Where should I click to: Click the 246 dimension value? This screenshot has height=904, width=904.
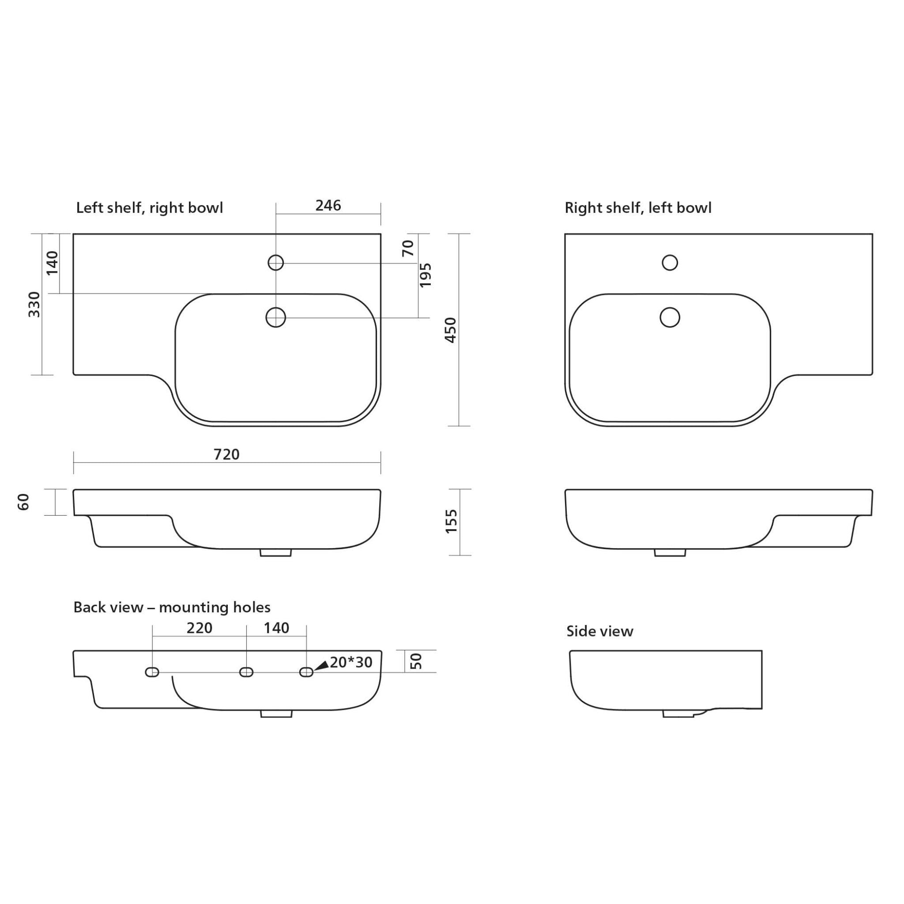click(x=328, y=205)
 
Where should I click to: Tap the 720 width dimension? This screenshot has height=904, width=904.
click(x=226, y=454)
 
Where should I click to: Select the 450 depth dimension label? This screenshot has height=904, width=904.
click(x=450, y=330)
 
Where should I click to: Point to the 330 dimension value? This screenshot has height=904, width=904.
click(x=34, y=304)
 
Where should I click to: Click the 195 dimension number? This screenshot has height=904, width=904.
click(x=425, y=275)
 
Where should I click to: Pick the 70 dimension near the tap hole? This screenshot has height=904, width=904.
click(x=408, y=248)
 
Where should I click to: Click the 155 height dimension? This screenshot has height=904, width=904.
click(x=451, y=521)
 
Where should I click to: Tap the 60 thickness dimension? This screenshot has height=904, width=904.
click(x=23, y=502)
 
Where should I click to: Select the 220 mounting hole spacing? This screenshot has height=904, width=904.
click(x=200, y=628)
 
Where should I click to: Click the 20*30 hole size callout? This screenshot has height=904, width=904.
click(x=351, y=663)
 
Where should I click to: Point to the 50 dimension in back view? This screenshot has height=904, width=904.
click(x=416, y=661)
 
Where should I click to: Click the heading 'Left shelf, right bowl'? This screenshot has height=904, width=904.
click(x=149, y=208)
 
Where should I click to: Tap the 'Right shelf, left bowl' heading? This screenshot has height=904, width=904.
click(x=638, y=208)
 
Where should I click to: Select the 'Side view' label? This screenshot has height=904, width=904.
click(x=599, y=631)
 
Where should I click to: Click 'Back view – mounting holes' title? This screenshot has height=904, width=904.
click(x=172, y=607)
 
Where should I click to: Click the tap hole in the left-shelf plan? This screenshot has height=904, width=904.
click(x=275, y=263)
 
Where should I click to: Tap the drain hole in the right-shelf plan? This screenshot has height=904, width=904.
click(x=670, y=318)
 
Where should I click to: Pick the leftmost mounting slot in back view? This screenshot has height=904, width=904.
click(x=152, y=672)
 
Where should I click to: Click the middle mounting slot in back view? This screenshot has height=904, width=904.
click(x=246, y=672)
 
